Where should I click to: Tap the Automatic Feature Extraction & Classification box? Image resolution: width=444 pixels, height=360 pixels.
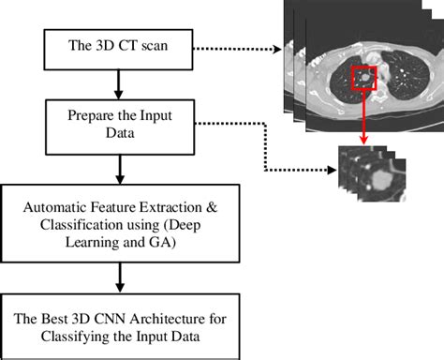coord(118,221)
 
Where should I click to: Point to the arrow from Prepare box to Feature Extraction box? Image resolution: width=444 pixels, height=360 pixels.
coord(118,170)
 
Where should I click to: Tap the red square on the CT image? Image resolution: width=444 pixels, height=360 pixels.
coord(363,82)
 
